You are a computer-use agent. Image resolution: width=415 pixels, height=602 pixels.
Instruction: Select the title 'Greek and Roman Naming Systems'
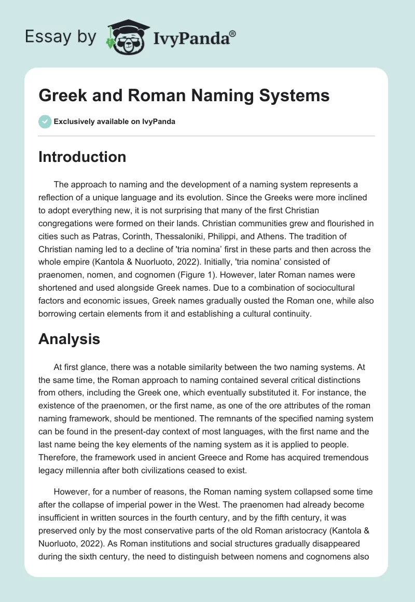pyautogui.click(x=184, y=96)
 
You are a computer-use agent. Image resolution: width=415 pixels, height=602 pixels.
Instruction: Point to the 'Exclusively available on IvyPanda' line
pyautogui.click(x=115, y=121)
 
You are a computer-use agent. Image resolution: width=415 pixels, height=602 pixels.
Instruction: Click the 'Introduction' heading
pyautogui.click(x=82, y=157)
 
